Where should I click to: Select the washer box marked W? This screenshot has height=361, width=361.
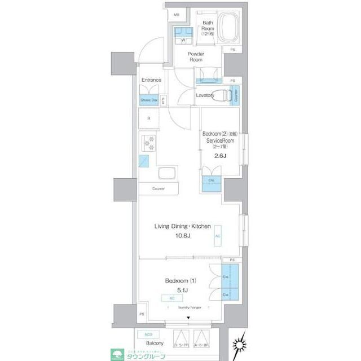coord(183,41)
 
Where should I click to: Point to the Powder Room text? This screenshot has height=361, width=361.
coord(196,56)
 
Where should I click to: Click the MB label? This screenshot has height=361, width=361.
coord(177,15)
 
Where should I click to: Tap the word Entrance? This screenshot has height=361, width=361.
coord(151,80)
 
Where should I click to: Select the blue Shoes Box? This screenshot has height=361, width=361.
coord(149,100)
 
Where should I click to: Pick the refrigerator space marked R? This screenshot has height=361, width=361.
coord(149,118)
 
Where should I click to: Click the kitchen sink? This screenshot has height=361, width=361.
coord(168,173)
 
